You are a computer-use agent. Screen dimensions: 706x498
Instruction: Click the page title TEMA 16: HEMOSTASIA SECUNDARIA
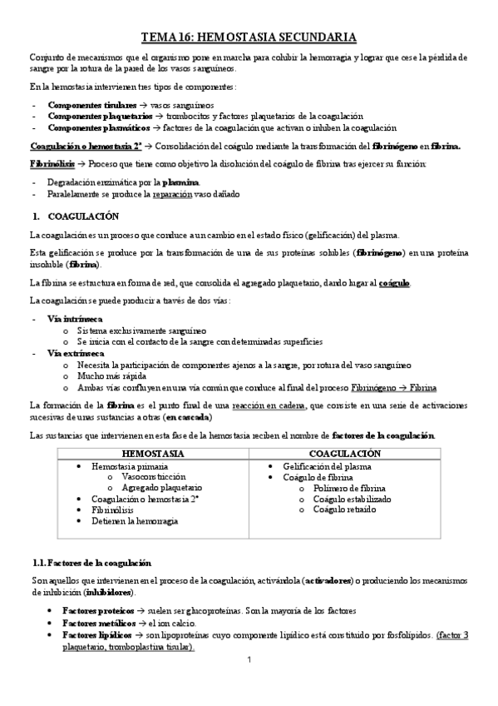tap(249, 37)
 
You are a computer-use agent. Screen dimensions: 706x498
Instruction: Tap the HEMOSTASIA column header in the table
tap(153, 453)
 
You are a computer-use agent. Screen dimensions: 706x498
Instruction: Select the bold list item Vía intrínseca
tap(76, 319)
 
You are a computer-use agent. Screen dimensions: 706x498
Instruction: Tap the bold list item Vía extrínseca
tap(76, 353)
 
